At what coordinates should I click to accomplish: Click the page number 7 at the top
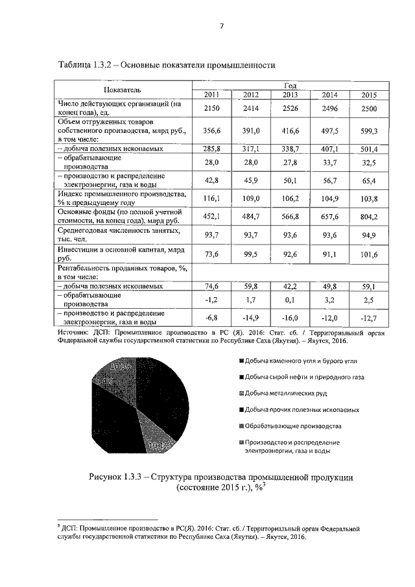point(221,27)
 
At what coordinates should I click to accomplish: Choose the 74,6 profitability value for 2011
point(212,285)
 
